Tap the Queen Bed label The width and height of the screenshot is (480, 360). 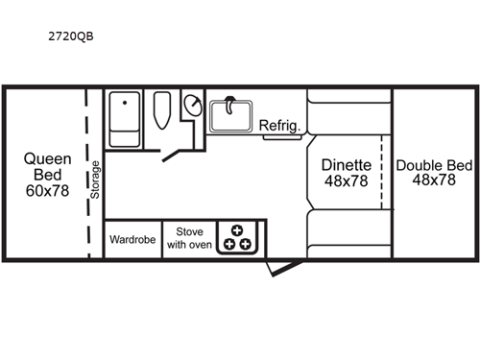(43, 168)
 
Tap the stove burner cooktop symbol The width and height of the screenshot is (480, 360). (236, 238)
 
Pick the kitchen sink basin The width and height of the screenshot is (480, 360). (229, 114)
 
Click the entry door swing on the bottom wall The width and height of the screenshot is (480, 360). (276, 266)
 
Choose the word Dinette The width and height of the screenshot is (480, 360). (346, 164)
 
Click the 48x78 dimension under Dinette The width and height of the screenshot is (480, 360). (346, 181)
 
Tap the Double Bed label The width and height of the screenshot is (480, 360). (435, 164)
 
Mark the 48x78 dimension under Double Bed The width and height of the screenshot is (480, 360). (435, 180)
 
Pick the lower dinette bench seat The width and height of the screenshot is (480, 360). (348, 234)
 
